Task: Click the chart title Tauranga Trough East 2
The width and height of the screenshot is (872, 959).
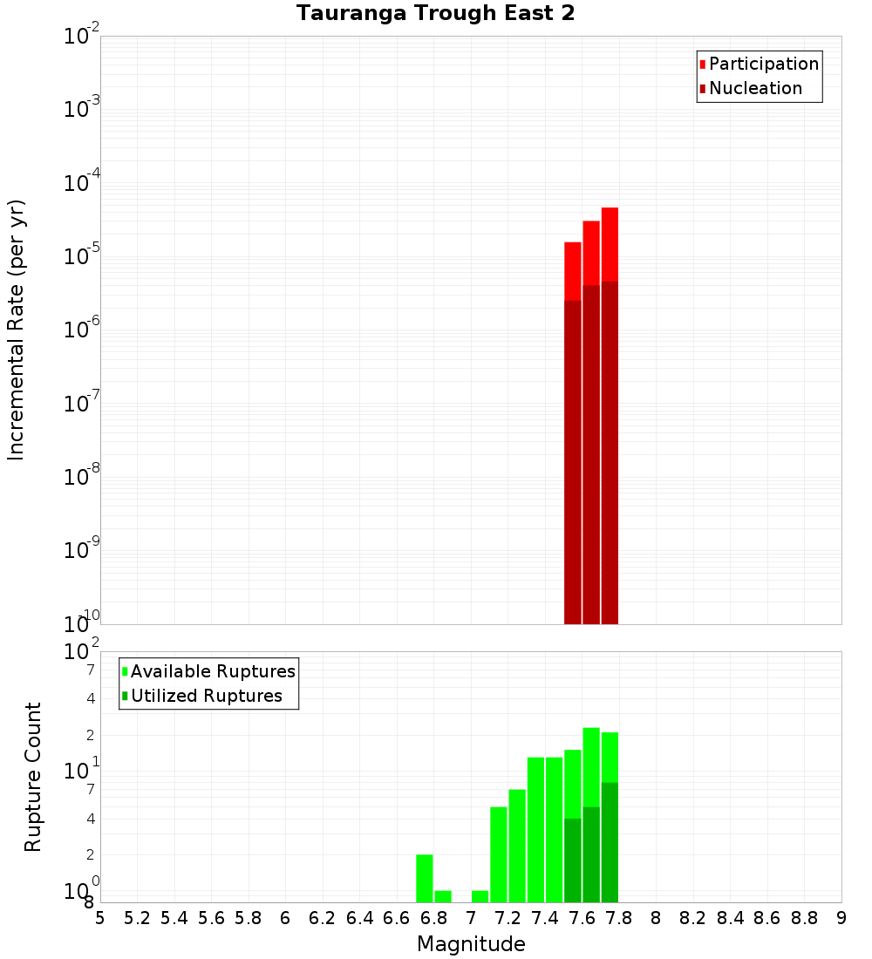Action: pos(435,14)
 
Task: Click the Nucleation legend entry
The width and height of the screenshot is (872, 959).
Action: pos(755,88)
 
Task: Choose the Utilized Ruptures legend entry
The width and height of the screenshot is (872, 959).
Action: pos(206,696)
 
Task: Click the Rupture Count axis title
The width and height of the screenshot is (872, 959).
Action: pos(33,777)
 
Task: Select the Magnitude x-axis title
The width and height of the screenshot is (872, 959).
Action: pos(471,944)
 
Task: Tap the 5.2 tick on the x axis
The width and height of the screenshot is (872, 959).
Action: pos(137,918)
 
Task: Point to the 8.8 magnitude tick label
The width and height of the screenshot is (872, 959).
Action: pos(804,918)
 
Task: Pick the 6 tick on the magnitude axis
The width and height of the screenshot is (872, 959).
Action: pos(285,918)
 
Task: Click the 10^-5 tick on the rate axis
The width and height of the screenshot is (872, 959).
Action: pos(82,256)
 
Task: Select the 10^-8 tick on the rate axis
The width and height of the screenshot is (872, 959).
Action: pos(82,477)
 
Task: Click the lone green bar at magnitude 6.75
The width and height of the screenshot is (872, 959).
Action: pos(425,878)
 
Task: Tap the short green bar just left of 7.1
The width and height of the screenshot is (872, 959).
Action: pos(480,896)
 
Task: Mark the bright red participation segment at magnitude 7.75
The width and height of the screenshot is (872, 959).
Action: pos(610,244)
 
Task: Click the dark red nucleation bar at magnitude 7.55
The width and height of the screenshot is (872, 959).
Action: pos(573,462)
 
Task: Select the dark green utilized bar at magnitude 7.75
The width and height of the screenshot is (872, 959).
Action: pos(610,842)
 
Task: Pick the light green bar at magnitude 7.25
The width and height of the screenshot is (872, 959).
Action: pos(517,846)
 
